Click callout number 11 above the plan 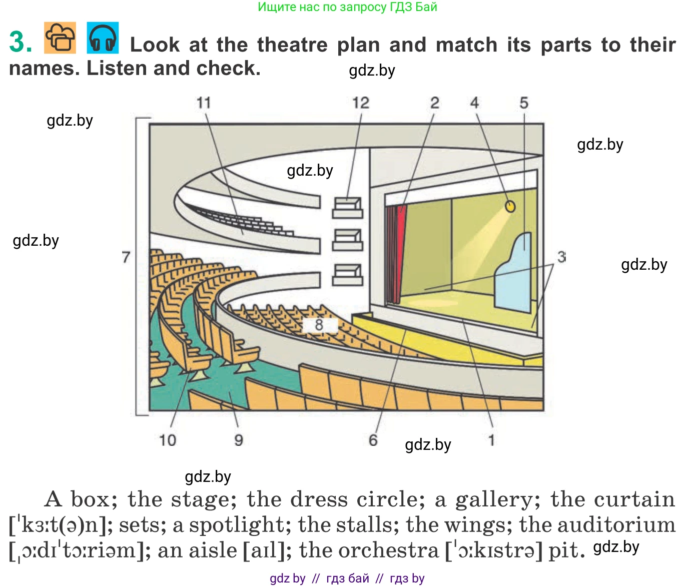[x=204, y=103]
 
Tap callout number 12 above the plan [x=360, y=103]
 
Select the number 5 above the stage [x=524, y=103]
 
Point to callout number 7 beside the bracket [x=126, y=257]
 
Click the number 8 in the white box [x=319, y=325]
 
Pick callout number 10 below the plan [x=168, y=440]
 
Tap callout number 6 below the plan [x=373, y=440]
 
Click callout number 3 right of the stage [x=561, y=257]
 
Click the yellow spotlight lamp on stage [x=510, y=206]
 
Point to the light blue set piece [x=515, y=275]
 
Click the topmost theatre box [x=347, y=207]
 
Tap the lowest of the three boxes [x=347, y=275]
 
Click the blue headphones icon [x=103, y=38]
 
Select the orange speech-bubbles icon [x=60, y=38]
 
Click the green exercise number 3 [x=21, y=42]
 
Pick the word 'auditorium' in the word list [x=616, y=525]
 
